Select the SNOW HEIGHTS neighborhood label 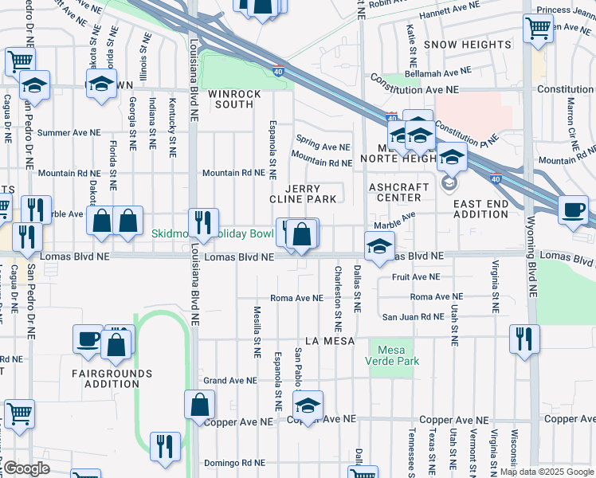(467, 45)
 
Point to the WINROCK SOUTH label (235, 99)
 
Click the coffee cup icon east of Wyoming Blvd (573, 210)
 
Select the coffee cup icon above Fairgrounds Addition (88, 339)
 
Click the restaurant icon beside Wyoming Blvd (524, 338)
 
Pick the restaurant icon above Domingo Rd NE (165, 445)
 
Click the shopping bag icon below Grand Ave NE (200, 404)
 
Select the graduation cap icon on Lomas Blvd (379, 245)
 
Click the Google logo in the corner (26, 468)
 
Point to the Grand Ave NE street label (227, 381)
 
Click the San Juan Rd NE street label (413, 317)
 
